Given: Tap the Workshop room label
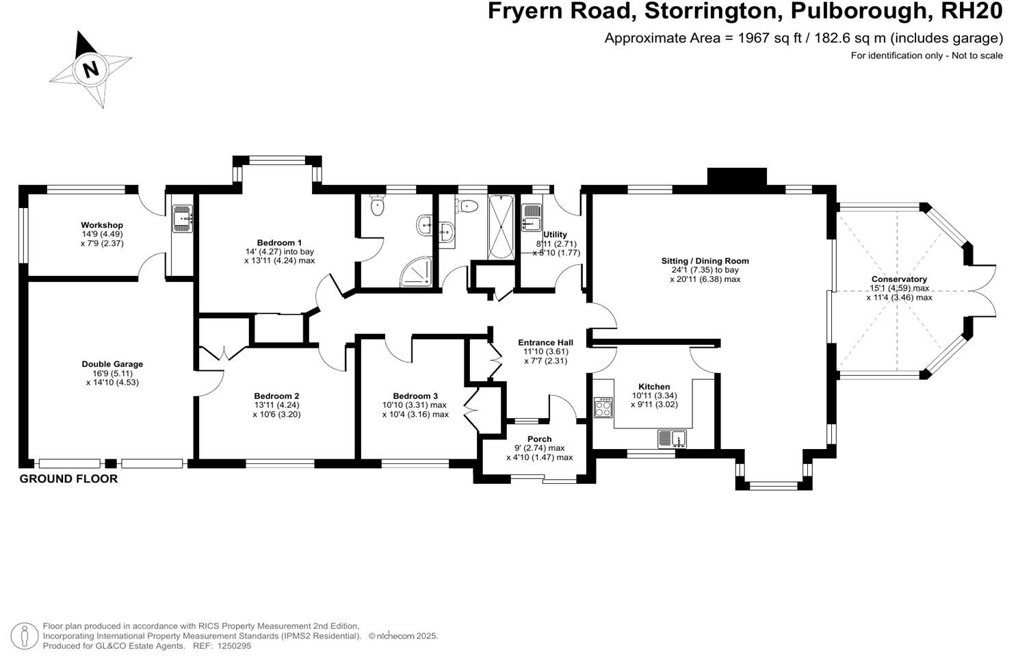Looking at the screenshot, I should (x=102, y=225).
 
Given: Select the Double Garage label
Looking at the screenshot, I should (x=112, y=364).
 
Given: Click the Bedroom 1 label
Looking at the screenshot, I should (x=279, y=242).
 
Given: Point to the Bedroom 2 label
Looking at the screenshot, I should (x=276, y=396).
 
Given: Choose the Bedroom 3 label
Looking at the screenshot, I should (x=415, y=396).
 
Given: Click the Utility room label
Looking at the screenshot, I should (x=555, y=235).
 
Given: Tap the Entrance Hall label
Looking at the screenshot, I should (x=545, y=342).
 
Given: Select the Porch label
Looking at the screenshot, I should (x=539, y=439).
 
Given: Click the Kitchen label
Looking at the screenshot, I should (x=654, y=387).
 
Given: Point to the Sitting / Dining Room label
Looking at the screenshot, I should (x=705, y=261).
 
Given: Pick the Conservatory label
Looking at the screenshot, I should (x=899, y=279).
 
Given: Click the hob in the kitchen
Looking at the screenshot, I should (x=603, y=408).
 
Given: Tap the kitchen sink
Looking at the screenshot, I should (x=671, y=438).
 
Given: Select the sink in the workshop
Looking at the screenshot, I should (x=182, y=218).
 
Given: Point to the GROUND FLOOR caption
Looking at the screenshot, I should (x=68, y=479).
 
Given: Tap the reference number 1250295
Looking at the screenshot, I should (x=232, y=645).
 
